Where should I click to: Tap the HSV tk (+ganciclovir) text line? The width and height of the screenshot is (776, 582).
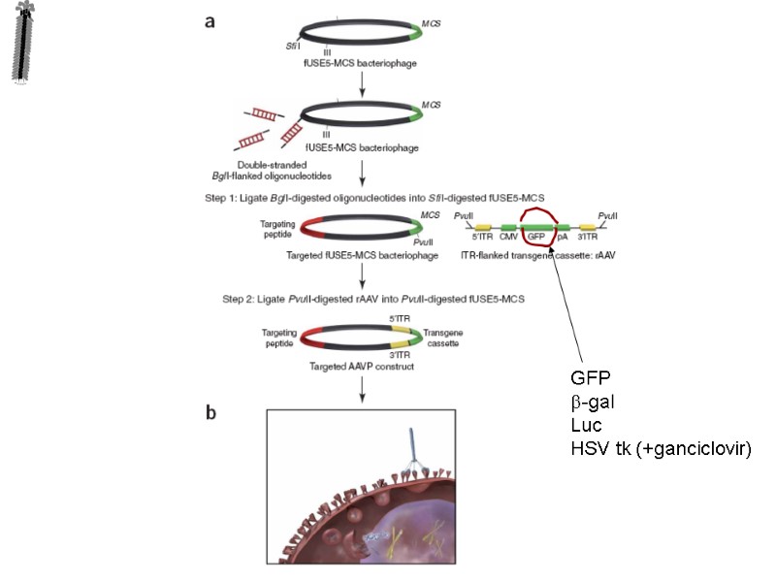[662, 449]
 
